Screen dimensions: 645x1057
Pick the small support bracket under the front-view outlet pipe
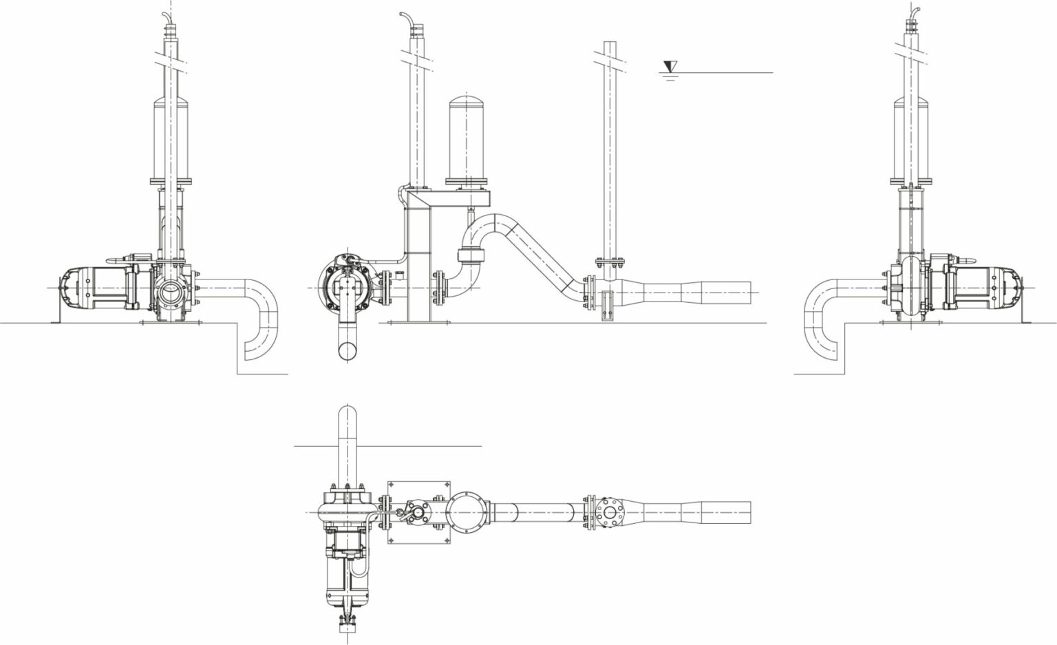(606, 306)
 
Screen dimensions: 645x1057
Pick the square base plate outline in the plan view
(418, 514)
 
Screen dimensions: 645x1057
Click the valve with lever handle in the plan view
(417, 514)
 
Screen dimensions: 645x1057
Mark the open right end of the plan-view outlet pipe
(749, 513)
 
